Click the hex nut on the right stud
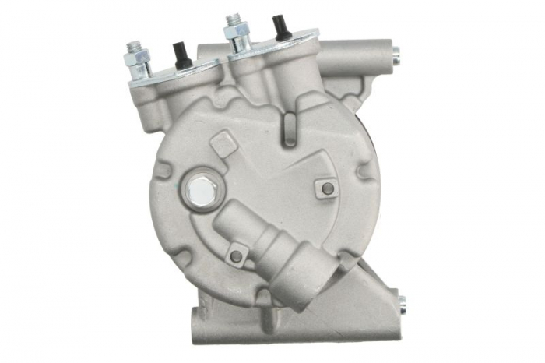pos(236,34)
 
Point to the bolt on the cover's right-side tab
pos(328,188)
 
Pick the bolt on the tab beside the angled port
pos(236,256)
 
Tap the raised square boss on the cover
pos(223,143)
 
